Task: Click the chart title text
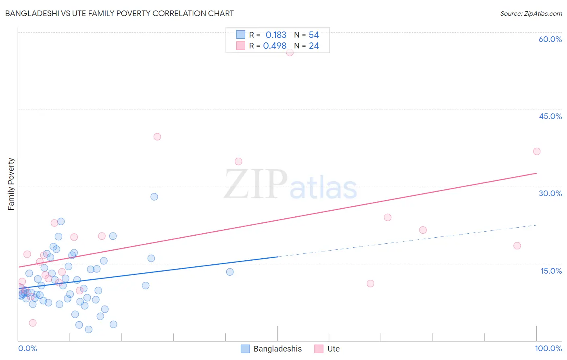[x=119, y=13]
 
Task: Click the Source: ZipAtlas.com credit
[x=531, y=13]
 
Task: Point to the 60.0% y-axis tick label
[x=550, y=39]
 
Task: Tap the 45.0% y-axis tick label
[x=550, y=116]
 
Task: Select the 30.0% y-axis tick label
[x=550, y=193]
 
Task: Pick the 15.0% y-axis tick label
[x=551, y=271]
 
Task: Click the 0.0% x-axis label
[x=27, y=348]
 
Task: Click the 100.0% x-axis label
[x=548, y=348]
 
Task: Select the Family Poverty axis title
[x=11, y=184]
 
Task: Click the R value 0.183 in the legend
[x=276, y=35]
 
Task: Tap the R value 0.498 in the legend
[x=275, y=46]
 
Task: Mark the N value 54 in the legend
[x=314, y=35]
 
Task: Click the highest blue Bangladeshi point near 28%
[x=154, y=197]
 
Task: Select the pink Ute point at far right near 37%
[x=536, y=151]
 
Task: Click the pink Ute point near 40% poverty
[x=157, y=137]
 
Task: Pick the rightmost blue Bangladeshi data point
[x=230, y=272]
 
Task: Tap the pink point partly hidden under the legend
[x=290, y=52]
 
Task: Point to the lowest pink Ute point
[x=33, y=323]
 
